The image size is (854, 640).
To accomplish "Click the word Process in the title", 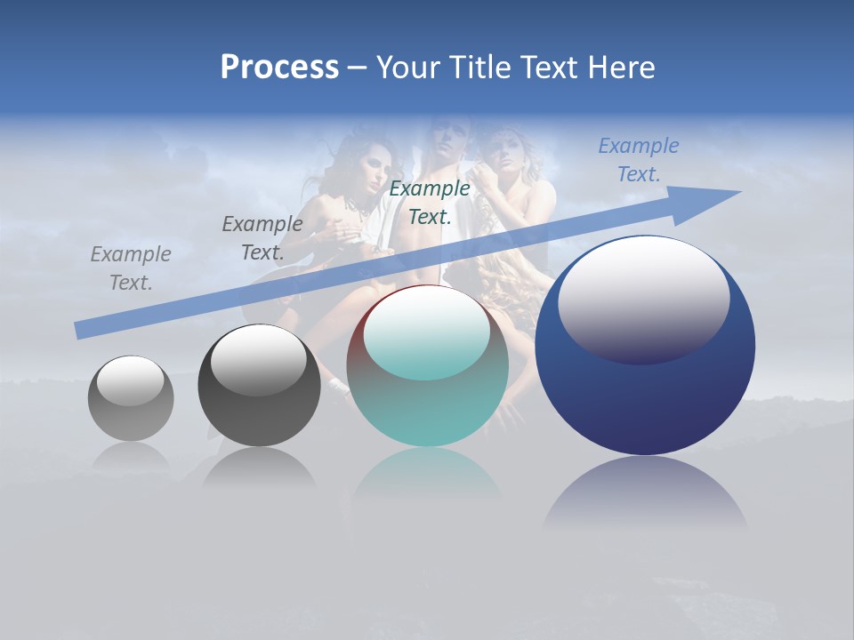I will click(279, 68).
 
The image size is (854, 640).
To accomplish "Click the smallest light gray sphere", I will click(131, 398).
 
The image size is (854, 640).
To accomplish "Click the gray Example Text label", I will click(131, 268).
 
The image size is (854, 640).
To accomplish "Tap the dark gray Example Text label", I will click(262, 238).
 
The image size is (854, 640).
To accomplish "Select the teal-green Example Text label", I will click(430, 203).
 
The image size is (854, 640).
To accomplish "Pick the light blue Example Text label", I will click(639, 160).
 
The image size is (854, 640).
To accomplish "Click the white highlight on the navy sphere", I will click(643, 296).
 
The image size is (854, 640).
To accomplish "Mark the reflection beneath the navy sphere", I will click(645, 493).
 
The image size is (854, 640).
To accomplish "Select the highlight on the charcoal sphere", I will click(258, 358).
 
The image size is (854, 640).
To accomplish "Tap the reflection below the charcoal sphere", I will click(259, 467).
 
